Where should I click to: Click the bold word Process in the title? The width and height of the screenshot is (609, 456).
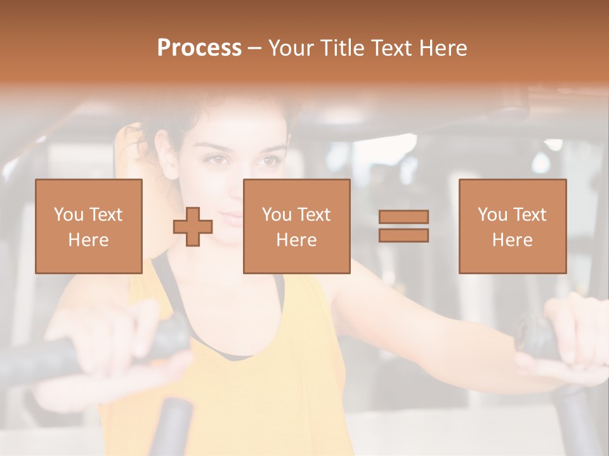tap(199, 48)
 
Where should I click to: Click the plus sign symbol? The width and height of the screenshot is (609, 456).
tap(193, 227)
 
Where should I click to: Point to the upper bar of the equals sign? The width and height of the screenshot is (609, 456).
tap(403, 217)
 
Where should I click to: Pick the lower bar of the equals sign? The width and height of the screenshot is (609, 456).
tap(403, 235)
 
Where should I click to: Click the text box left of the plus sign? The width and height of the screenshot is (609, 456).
tap(89, 226)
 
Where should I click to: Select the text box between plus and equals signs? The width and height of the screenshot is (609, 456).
tap(296, 226)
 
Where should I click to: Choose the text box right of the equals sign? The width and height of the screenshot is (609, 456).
tap(512, 226)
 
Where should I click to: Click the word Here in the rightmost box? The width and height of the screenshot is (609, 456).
tap(512, 240)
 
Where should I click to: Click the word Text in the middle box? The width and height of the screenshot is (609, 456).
tap(315, 214)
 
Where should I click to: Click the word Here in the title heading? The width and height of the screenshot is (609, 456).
tap(441, 48)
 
